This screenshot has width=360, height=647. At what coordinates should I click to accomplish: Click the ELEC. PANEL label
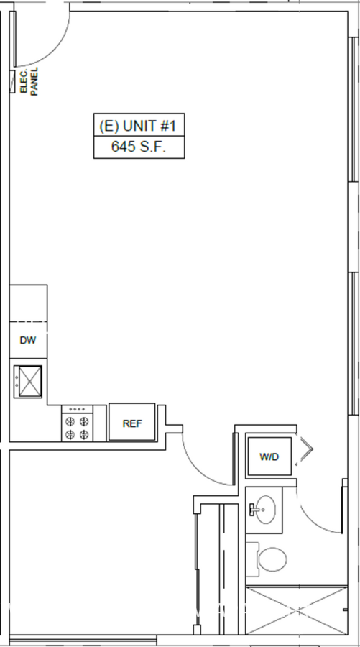click(x=29, y=81)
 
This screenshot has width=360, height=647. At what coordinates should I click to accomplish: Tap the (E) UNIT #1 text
click(x=139, y=126)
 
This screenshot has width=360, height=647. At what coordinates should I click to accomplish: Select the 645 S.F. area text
click(x=139, y=147)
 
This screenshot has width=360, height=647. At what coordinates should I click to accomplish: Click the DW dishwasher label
click(x=27, y=341)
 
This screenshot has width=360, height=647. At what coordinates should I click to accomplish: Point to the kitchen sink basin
click(x=28, y=382)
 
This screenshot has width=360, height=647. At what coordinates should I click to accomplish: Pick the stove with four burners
click(x=77, y=423)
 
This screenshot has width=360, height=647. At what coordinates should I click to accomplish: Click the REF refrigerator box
click(x=132, y=423)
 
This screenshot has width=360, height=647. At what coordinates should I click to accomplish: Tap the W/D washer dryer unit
click(x=269, y=456)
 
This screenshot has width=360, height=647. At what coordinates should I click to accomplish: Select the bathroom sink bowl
click(x=266, y=510)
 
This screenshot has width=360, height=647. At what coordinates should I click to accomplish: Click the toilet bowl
click(x=272, y=559)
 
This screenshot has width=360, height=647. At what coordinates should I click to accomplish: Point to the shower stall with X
click(x=297, y=610)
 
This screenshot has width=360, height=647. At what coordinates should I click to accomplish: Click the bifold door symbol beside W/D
click(x=306, y=449)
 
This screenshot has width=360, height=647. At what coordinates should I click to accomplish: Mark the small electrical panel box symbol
click(x=12, y=81)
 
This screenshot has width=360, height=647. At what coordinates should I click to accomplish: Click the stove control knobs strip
click(x=77, y=409)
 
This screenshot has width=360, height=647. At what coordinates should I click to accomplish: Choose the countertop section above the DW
click(x=28, y=303)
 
